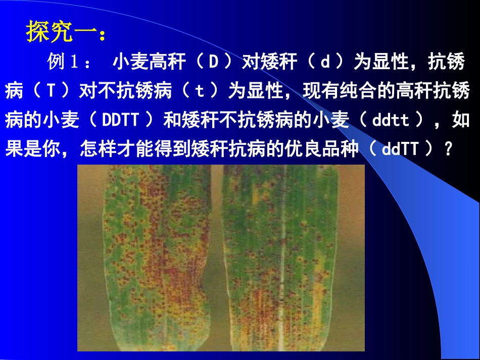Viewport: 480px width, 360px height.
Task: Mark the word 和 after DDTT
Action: [x=173, y=121]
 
